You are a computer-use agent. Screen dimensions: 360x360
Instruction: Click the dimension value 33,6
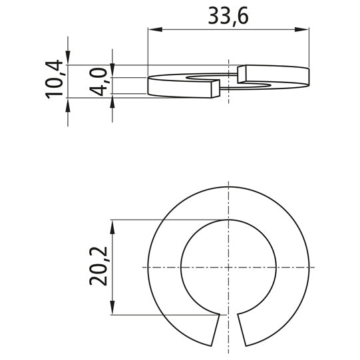[x=228, y=16]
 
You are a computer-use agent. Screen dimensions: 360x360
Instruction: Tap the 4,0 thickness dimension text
[x=100, y=82]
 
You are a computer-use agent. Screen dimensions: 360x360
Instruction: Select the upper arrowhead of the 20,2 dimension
[x=114, y=225]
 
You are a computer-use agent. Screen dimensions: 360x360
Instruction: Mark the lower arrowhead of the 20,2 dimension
[x=114, y=309]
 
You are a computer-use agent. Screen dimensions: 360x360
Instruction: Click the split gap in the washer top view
[x=229, y=330]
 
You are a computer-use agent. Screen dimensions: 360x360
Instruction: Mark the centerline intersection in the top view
[x=229, y=267]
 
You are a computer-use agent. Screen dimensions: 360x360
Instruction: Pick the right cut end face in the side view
[x=242, y=74]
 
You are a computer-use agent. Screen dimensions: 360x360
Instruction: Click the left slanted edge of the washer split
[x=217, y=330]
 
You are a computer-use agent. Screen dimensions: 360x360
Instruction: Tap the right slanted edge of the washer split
[x=242, y=330]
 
